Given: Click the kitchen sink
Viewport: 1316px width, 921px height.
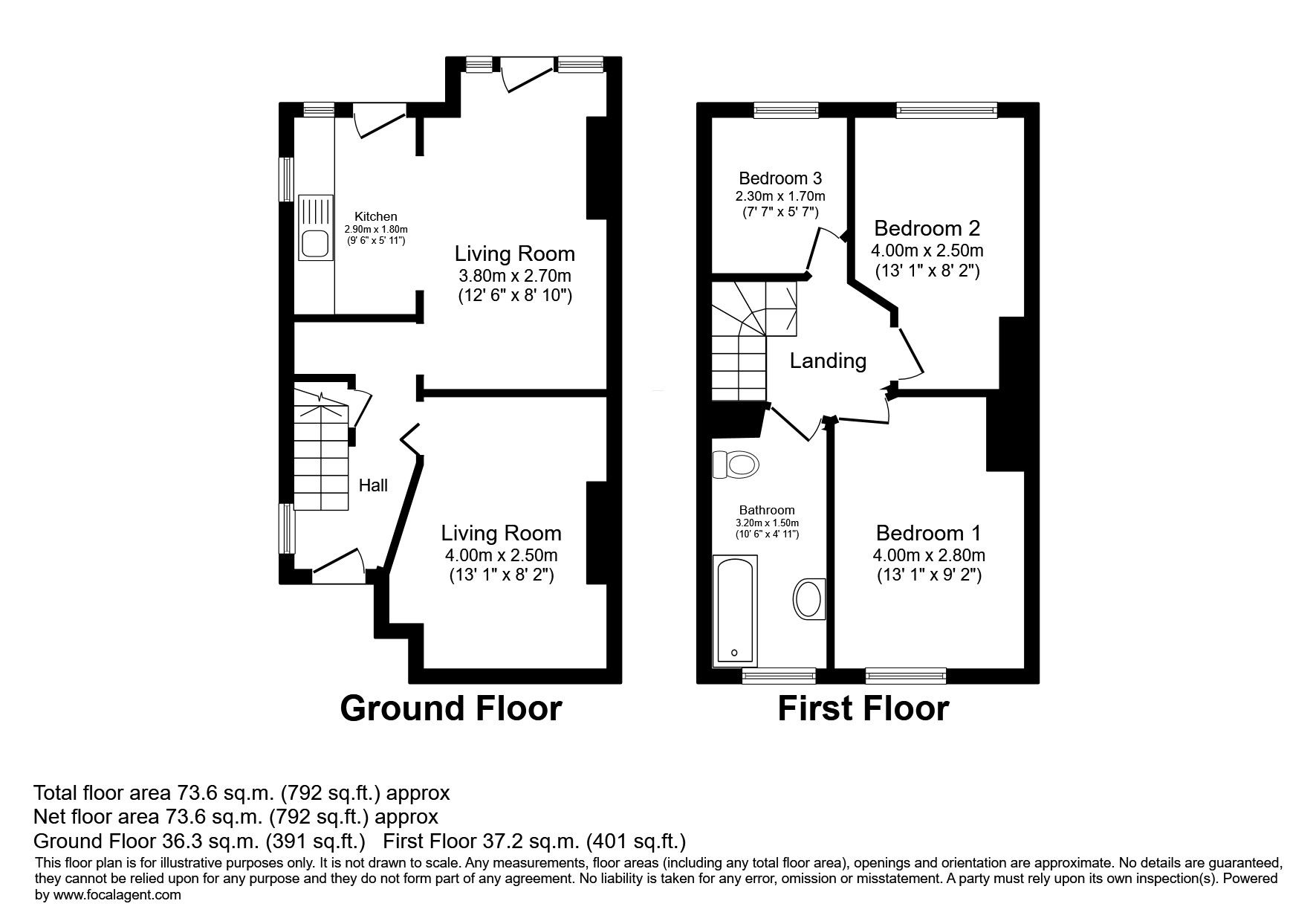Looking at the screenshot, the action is click(x=316, y=227).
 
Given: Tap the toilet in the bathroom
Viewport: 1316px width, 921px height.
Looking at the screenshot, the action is click(x=735, y=465).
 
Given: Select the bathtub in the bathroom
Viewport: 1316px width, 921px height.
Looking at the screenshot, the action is click(x=734, y=610).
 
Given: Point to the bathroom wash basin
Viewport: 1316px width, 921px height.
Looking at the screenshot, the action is click(x=808, y=598).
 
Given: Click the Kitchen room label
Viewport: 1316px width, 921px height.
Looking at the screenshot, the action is click(x=375, y=216).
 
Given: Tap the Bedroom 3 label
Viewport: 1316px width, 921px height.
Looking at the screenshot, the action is click(x=780, y=178).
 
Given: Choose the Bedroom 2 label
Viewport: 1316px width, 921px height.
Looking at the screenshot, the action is click(x=927, y=227).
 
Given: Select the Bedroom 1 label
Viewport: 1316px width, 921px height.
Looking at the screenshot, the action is click(x=928, y=533).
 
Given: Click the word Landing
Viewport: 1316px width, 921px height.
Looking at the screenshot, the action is click(x=828, y=361).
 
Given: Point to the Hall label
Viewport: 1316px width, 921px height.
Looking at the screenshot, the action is click(x=373, y=485).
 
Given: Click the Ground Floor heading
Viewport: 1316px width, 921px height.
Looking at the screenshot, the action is click(x=451, y=708).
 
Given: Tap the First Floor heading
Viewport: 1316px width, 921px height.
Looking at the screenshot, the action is click(x=863, y=708).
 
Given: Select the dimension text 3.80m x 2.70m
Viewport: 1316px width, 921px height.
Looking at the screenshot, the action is click(x=516, y=276).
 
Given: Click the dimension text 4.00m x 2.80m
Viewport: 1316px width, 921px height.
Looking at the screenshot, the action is click(x=929, y=555).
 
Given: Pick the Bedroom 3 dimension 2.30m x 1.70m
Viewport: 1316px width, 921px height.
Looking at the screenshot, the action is click(x=780, y=197).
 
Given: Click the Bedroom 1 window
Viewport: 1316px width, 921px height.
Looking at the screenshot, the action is click(x=906, y=675).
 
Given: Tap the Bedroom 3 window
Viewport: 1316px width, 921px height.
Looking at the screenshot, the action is click(x=786, y=110).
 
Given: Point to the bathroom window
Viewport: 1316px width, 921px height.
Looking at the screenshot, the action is click(x=779, y=675).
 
